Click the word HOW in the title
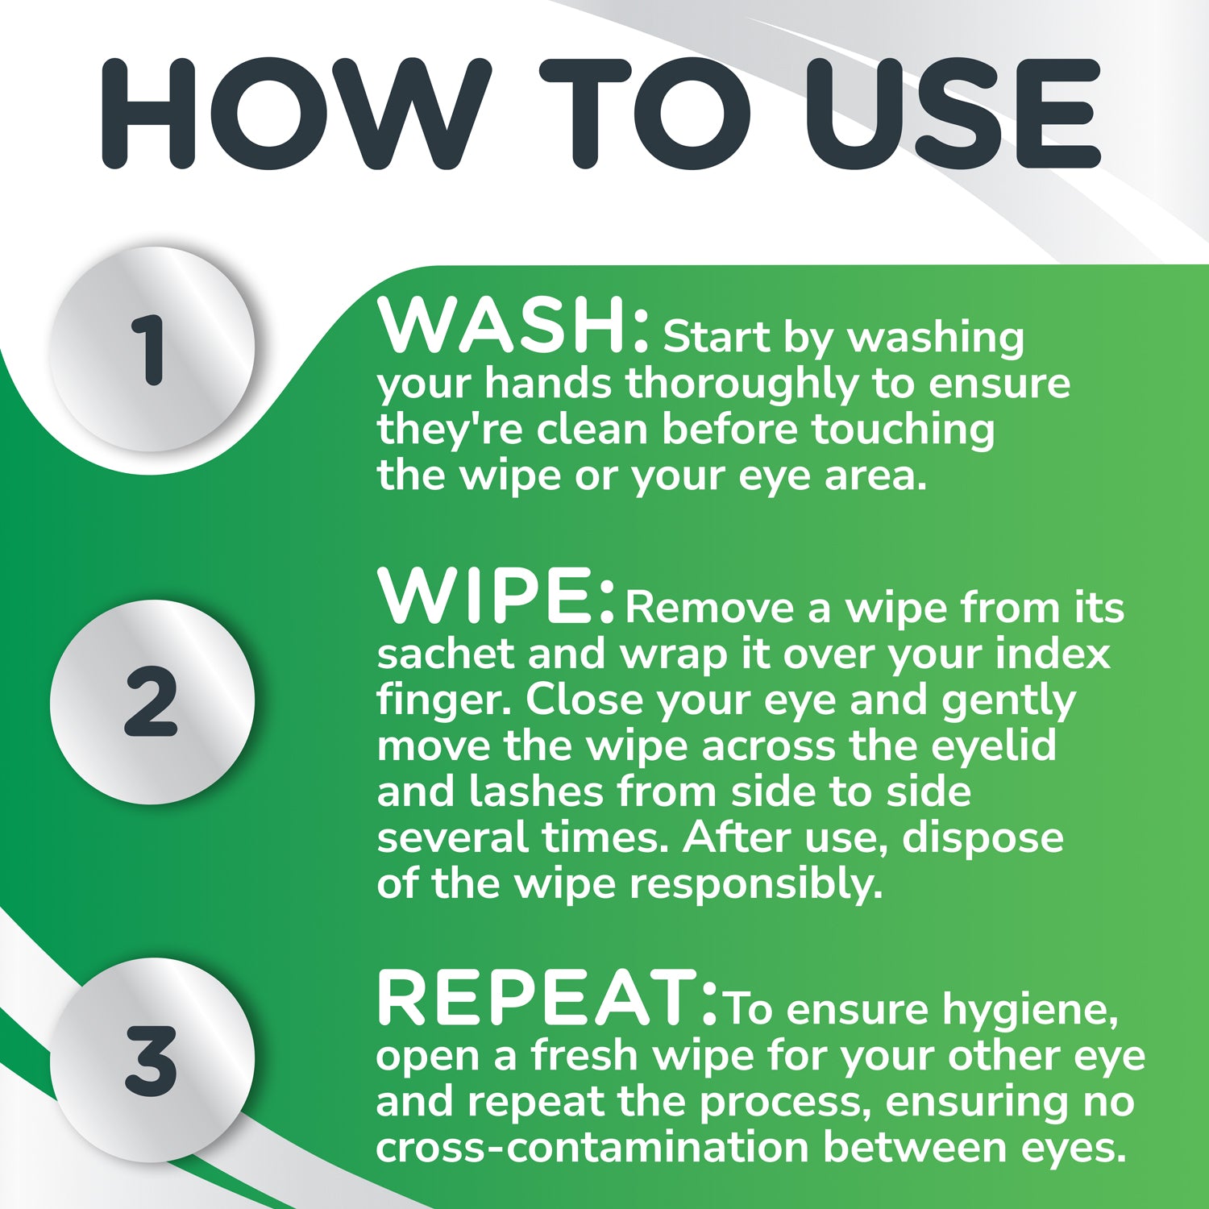tap(296, 114)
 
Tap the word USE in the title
tap(953, 114)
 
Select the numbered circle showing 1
tap(152, 348)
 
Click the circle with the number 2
tap(152, 702)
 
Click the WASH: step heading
tap(513, 326)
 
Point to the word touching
tap(903, 430)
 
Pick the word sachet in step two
tap(445, 654)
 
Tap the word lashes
tap(537, 791)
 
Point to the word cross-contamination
tap(592, 1148)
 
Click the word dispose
tap(983, 838)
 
